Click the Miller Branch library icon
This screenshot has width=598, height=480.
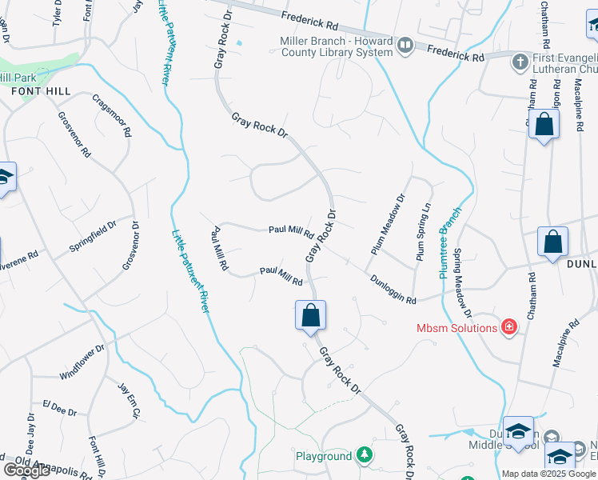click(405, 46)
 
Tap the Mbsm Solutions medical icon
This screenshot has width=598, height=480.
click(508, 327)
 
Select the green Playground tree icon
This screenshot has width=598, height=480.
click(365, 455)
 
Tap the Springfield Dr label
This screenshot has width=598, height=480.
click(92, 238)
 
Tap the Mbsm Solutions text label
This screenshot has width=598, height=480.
click(456, 328)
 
